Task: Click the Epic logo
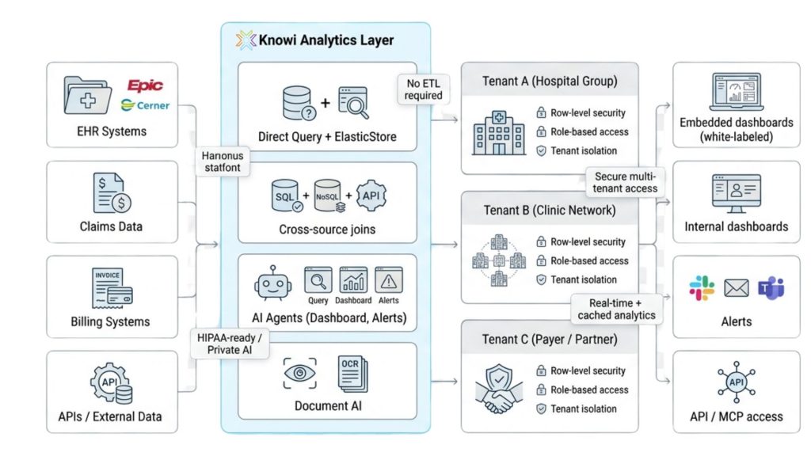[x=145, y=85]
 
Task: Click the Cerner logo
[x=145, y=104]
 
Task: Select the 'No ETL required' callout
[x=423, y=88]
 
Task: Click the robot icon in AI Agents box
[x=274, y=284]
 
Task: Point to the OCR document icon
[x=352, y=373]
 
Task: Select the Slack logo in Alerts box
[x=701, y=288]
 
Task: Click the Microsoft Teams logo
[x=771, y=288]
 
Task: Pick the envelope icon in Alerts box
[x=736, y=289]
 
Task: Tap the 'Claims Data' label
[x=111, y=226]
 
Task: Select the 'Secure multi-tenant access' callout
[x=624, y=181]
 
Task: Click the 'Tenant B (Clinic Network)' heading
[x=549, y=211]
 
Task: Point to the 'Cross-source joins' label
[x=327, y=229]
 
